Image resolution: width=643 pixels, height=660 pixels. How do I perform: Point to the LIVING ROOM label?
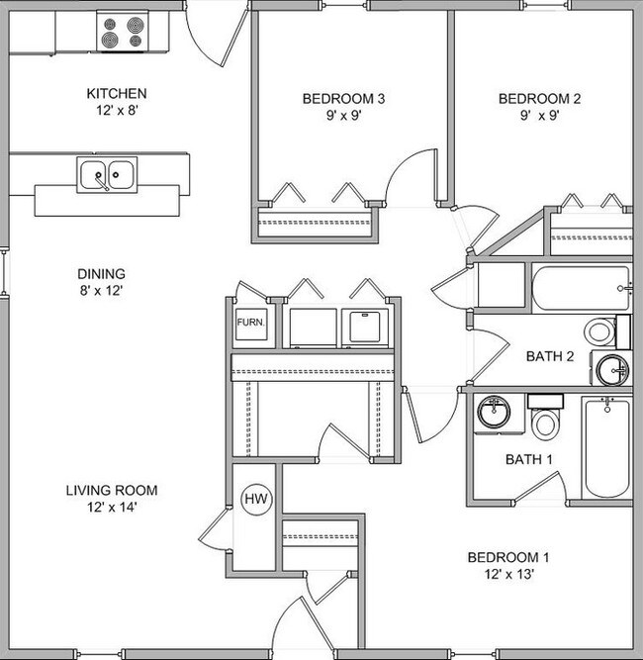(x=112, y=490)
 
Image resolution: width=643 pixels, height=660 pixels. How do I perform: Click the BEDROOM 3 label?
(x=342, y=99)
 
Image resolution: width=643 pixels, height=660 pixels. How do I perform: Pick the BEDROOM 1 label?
(x=507, y=557)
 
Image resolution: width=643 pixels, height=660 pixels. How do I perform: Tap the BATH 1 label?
(x=525, y=459)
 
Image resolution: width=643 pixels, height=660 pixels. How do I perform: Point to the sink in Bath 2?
(x=610, y=370)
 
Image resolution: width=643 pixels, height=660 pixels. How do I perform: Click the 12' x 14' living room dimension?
(x=111, y=509)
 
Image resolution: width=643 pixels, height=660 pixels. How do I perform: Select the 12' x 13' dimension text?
(x=507, y=575)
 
